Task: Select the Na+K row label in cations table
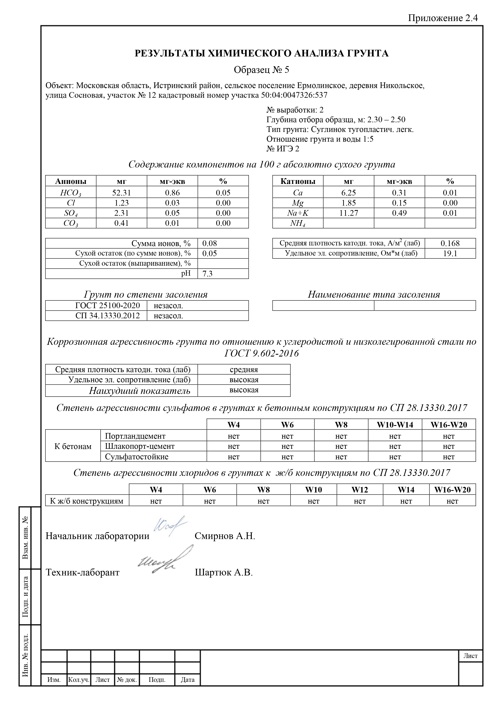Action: point(298,213)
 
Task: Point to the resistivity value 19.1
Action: point(450,254)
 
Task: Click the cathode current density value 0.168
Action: point(450,243)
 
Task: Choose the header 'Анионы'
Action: point(71,181)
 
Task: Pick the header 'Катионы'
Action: point(298,181)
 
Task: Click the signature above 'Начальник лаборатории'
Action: point(170,525)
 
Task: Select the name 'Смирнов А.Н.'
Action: point(225,536)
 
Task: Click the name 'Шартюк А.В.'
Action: point(224,572)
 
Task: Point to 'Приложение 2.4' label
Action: point(443,18)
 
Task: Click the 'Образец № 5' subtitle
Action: point(261,70)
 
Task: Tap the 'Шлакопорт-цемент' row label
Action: point(140,446)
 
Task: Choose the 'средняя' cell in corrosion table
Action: point(244,369)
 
